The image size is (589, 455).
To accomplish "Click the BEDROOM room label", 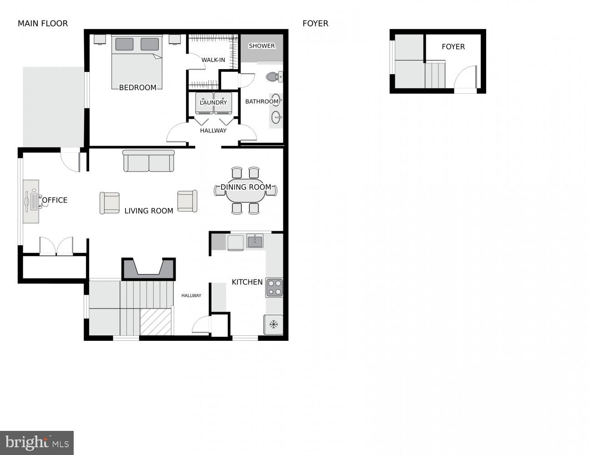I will point(137,87).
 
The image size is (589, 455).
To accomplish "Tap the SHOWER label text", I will point(262,46).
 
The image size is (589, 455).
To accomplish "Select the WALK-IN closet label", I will point(213,60).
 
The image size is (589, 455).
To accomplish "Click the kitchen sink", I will point(255,241).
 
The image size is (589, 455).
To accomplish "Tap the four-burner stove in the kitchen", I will point(274,288).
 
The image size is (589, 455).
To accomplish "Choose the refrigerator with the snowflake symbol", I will point(273,324).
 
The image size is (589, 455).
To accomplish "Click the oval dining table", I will point(246,192).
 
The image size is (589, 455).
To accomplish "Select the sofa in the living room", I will point(149,161).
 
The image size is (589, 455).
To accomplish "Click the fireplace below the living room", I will point(148,269).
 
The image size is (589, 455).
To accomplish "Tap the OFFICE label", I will point(55,200).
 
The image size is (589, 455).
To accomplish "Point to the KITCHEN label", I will point(247,282).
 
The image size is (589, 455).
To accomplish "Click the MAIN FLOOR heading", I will point(43,24).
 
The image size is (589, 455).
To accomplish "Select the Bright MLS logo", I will point(37,442).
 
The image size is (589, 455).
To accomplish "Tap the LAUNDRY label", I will point(213,103).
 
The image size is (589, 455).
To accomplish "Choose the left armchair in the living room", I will point(110,203).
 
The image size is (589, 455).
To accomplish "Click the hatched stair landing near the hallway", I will point(156,322).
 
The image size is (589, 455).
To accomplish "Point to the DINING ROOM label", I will point(246,187).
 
